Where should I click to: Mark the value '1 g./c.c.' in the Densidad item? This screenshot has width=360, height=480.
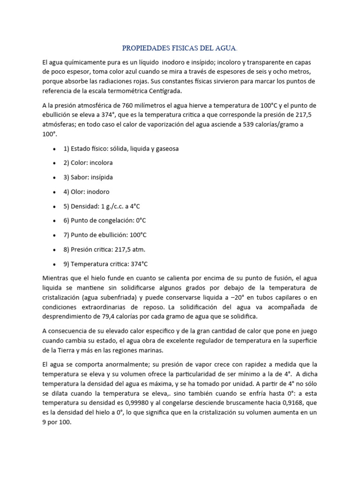point(116,206)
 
